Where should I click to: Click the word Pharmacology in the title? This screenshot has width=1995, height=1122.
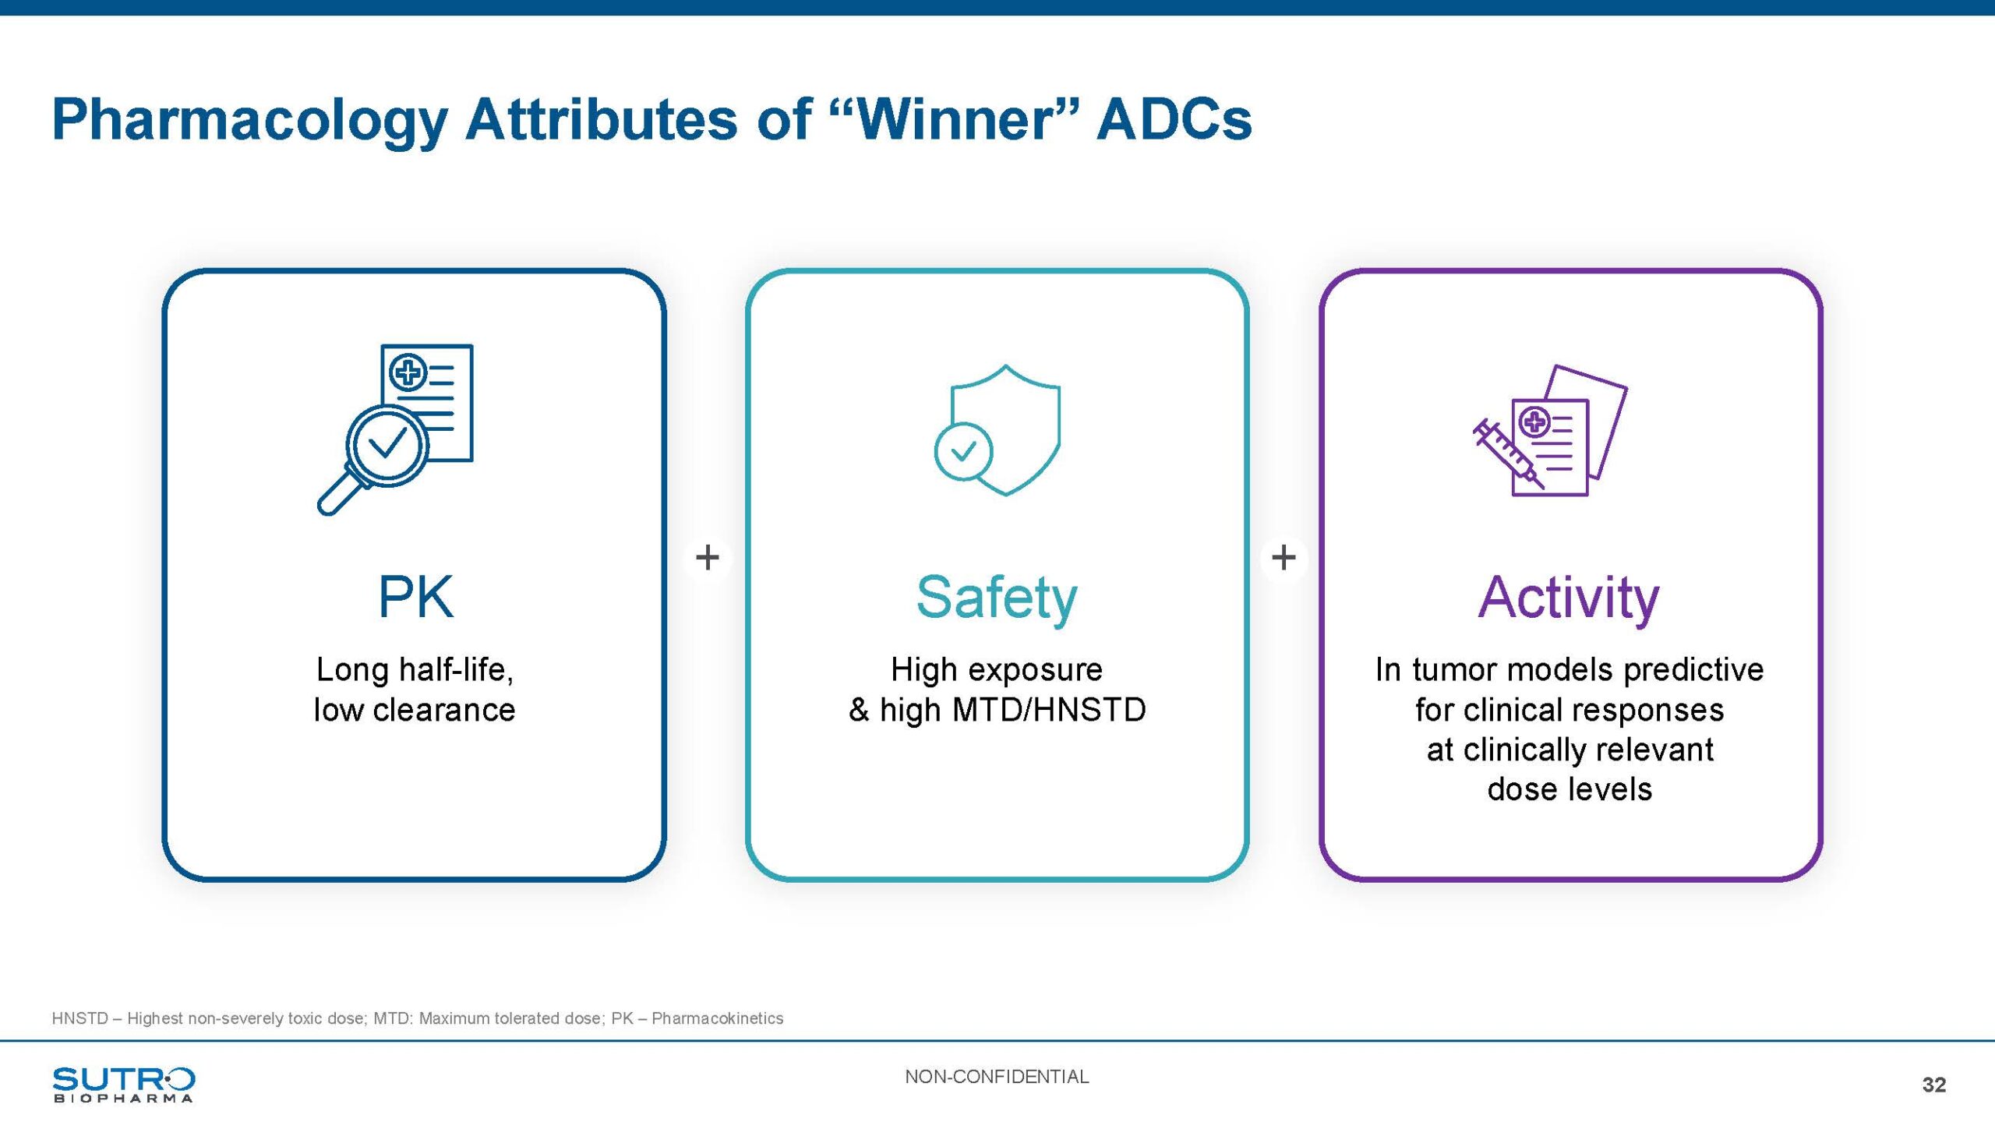(249, 121)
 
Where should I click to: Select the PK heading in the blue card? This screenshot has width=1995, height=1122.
(415, 597)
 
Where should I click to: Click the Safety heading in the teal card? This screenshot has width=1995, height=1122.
(997, 598)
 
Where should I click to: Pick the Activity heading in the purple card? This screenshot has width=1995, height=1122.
(1569, 598)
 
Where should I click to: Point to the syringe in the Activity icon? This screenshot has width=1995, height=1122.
(1509, 454)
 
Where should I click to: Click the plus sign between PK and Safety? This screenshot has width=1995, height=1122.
(708, 557)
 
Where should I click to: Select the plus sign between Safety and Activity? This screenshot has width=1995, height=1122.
(1284, 557)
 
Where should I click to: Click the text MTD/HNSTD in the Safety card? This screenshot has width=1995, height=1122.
(1049, 710)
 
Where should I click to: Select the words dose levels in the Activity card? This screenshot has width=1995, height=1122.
(1570, 789)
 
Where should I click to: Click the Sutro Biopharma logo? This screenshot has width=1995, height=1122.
(123, 1084)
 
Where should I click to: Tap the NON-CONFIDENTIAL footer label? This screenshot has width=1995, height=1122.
(997, 1077)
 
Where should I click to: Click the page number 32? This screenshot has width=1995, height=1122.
(1934, 1085)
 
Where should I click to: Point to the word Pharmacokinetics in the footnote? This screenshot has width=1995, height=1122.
(718, 1018)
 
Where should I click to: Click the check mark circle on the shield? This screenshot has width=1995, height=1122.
(963, 451)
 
